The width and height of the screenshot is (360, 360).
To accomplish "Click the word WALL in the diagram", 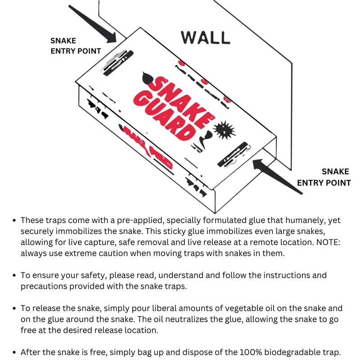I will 205,38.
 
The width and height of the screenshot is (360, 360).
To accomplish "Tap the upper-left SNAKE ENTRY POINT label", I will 76,46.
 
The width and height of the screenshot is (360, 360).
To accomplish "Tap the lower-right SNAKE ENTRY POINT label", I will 324,177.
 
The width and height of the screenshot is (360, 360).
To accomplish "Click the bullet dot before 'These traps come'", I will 14,220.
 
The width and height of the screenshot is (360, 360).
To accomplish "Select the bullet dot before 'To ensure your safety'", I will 14,275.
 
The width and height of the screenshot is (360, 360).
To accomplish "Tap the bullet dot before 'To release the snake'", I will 14,309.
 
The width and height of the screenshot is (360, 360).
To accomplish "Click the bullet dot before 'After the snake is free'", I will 14,352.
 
